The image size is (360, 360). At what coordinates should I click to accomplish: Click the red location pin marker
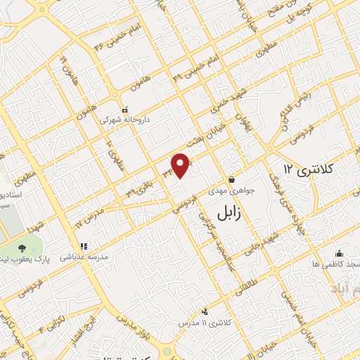pos(181,165)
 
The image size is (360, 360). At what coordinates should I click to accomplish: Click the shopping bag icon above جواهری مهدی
pos(231,179)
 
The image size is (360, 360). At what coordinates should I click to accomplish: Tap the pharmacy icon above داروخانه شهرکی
pos(125,110)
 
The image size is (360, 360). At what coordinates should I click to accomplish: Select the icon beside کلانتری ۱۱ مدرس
pos(205,311)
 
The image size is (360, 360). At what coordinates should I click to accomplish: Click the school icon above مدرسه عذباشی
pos(84,247)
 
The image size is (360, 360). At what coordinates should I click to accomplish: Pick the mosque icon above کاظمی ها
pos(340,253)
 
